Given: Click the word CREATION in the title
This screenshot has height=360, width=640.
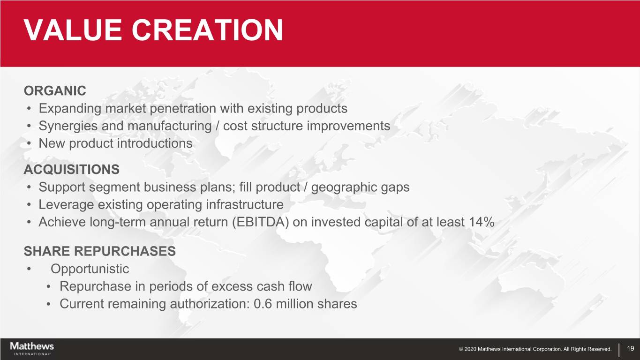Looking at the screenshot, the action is pos(207,30).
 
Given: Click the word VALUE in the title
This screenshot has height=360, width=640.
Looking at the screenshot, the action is pos(73,30).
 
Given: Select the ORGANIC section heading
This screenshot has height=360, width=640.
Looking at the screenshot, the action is pos(55,91).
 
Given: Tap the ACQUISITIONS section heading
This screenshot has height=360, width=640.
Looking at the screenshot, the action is pos(72,169).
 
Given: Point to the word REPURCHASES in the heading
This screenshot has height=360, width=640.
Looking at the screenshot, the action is pos(125,251).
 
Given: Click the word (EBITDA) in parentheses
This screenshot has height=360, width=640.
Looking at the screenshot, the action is pos(260,222).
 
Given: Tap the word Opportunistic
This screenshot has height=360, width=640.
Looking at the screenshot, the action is pos(90,269).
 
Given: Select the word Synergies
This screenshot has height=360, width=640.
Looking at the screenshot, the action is pos(68,126).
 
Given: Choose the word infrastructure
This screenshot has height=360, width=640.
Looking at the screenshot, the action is pos(245,204).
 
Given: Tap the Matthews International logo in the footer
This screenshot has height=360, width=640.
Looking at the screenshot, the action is pos(32,349).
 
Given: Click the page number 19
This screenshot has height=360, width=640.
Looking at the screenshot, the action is pos(631,348).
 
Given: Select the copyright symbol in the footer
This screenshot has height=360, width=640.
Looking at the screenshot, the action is pos(461,349).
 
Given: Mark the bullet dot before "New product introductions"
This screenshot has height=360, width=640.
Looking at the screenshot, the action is pos(29,144).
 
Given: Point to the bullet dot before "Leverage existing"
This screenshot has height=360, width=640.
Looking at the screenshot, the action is pos(29,205).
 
